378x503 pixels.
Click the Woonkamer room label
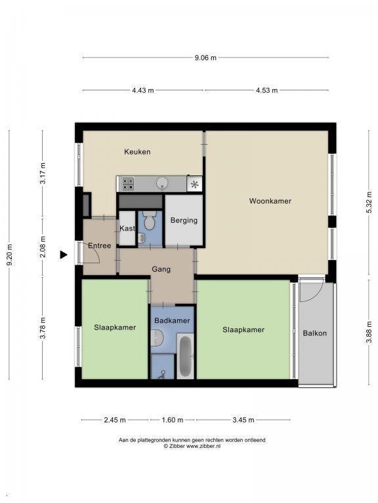click(270, 201)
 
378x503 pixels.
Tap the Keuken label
click(137, 152)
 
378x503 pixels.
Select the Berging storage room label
click(184, 221)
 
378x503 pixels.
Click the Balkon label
click(315, 333)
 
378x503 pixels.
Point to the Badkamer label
click(172, 320)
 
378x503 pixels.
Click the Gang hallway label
click(161, 269)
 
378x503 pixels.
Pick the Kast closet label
click(127, 229)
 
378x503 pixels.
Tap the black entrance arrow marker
click(64, 255)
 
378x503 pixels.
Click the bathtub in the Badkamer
click(185, 356)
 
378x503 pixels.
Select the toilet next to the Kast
click(149, 220)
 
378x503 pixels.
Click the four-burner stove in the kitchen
click(127, 184)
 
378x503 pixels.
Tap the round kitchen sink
click(162, 183)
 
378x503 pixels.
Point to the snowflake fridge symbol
click(194, 185)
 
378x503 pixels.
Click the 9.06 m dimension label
click(205, 58)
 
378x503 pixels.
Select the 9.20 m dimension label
click(10, 255)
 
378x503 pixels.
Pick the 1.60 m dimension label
click(173, 420)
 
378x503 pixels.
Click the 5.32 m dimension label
click(369, 202)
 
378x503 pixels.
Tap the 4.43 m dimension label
click(142, 90)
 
